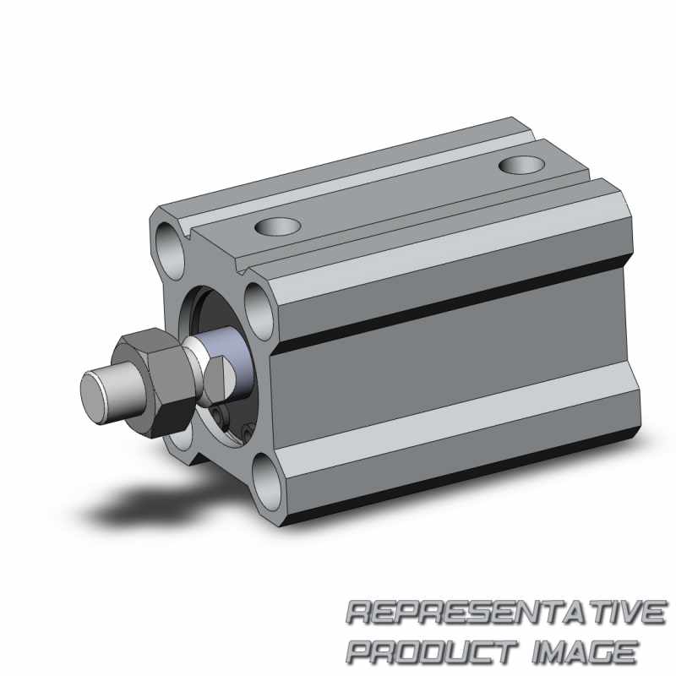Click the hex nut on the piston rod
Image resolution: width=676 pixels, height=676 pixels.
(x=154, y=382)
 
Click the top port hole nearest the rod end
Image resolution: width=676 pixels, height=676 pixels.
(x=278, y=226)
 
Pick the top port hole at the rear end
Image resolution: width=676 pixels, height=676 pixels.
(x=521, y=165)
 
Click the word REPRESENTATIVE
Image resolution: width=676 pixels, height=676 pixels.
(x=505, y=612)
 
